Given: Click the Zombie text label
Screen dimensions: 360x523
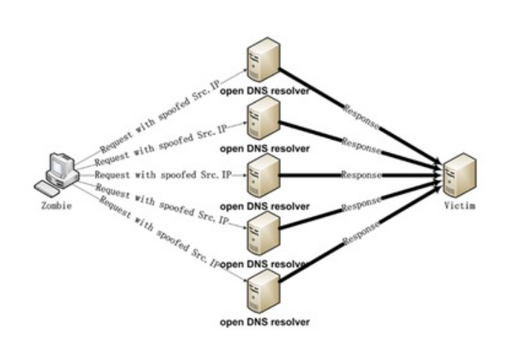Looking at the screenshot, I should coord(56,206).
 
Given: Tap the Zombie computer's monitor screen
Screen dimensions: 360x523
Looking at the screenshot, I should coord(57,167).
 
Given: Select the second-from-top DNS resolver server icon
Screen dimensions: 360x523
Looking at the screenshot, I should coord(264,118).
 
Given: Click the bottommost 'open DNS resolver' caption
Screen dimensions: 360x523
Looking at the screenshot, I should coord(264,322).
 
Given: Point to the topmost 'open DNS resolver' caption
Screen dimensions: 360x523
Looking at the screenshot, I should coord(264,90).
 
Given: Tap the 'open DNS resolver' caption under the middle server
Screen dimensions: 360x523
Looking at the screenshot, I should coord(264,206).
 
